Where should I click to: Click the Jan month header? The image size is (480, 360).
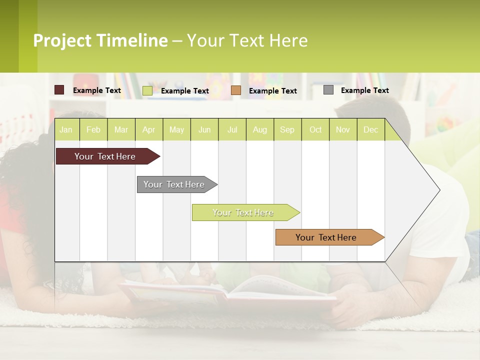click(x=66, y=129)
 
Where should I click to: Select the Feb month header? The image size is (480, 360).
click(x=93, y=129)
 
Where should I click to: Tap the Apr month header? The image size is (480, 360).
click(x=148, y=129)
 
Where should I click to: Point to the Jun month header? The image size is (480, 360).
click(x=204, y=129)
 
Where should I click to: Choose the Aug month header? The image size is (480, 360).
click(x=259, y=129)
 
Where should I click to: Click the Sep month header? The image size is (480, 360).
click(x=287, y=129)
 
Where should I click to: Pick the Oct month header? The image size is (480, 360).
click(x=315, y=129)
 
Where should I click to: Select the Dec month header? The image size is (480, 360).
click(x=370, y=129)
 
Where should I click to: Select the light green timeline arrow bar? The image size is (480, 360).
click(x=243, y=212)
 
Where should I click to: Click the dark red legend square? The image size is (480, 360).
click(x=59, y=90)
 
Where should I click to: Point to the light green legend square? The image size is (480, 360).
click(x=147, y=90)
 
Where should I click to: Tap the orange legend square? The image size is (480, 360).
click(x=236, y=90)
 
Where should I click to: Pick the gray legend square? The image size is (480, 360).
click(x=328, y=90)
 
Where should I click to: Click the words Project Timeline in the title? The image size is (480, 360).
click(x=100, y=40)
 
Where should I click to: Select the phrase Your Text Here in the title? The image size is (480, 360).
click(x=247, y=40)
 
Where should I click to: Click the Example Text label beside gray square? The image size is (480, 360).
click(x=364, y=90)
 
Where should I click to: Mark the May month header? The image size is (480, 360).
click(x=176, y=129)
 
